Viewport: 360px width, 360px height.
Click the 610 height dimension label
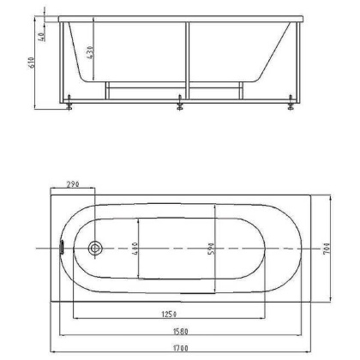click(32, 63)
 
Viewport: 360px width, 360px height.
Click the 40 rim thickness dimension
click(41, 36)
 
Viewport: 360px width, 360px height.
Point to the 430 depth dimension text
click(89, 52)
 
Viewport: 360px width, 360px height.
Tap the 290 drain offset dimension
click(73, 184)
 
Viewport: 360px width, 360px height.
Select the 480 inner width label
click(135, 249)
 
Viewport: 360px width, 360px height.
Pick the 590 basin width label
click(211, 249)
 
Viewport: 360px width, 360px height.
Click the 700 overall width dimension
click(327, 249)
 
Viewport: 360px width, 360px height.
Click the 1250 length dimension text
click(170, 315)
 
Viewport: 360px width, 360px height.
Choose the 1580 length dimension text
click(180, 332)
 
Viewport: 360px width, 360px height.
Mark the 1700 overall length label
click(180, 348)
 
